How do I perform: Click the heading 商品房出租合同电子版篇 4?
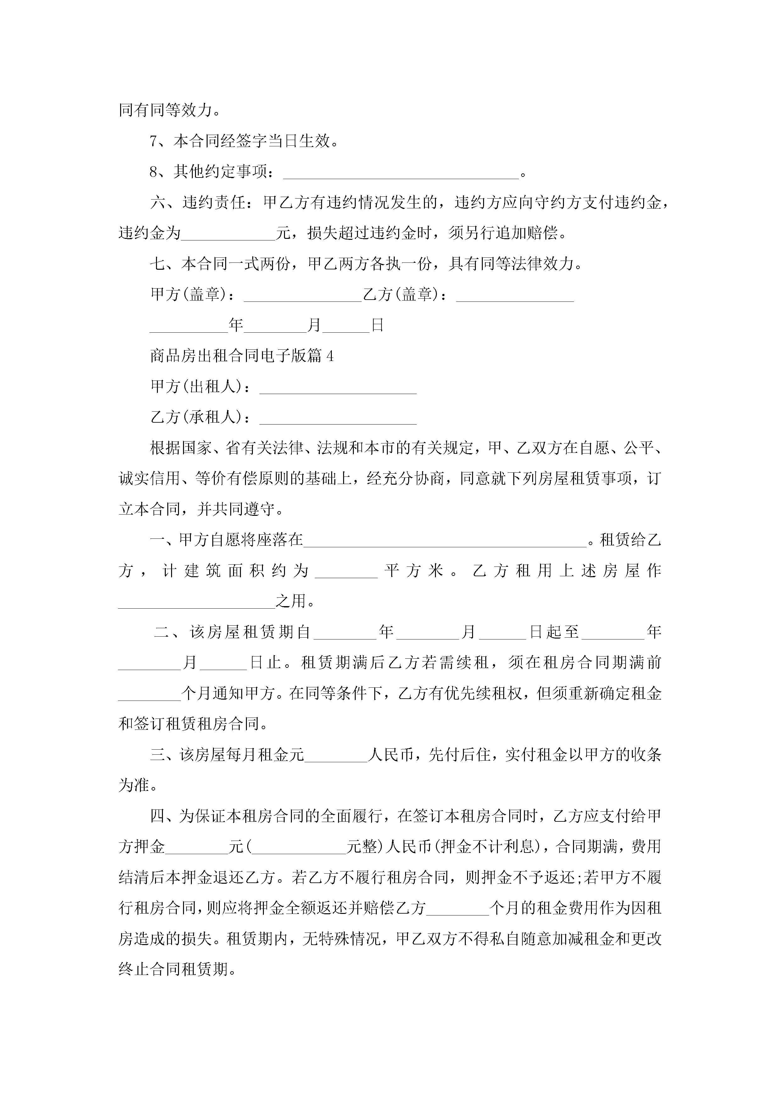point(242,356)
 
